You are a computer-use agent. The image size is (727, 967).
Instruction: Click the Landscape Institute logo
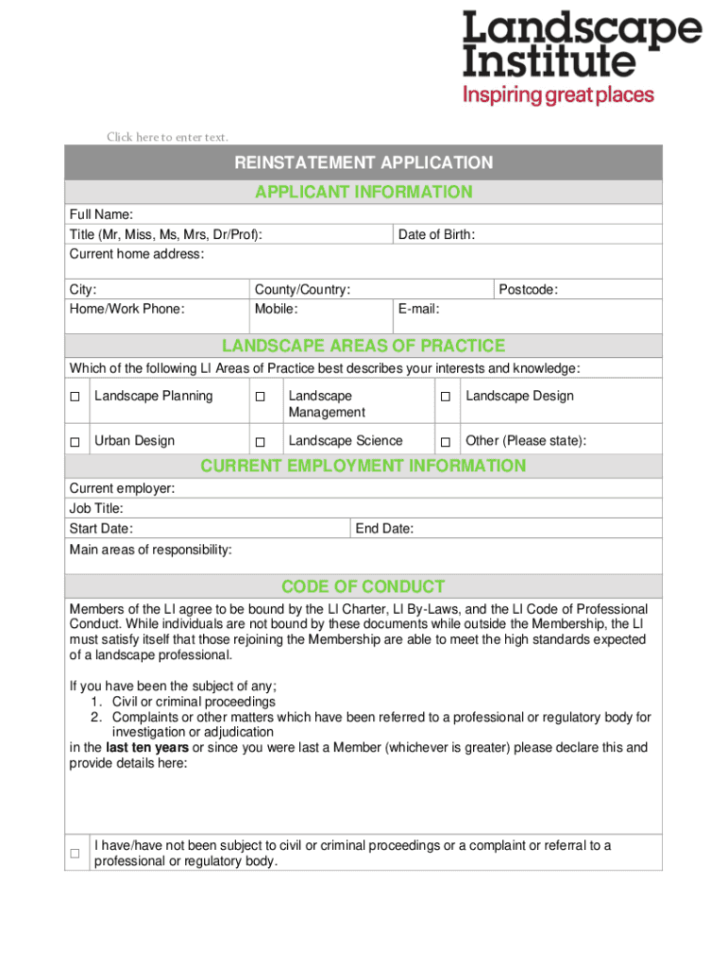[581, 57]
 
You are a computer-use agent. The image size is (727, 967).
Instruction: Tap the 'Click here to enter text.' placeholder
[167, 138]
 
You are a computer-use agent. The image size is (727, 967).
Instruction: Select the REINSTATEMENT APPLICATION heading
[363, 162]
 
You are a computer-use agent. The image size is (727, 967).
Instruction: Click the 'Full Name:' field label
[101, 214]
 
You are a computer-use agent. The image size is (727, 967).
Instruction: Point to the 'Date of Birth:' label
[436, 234]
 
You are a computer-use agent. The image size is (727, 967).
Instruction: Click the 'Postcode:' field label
[528, 290]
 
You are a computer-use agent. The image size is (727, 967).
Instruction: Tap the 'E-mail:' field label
[419, 309]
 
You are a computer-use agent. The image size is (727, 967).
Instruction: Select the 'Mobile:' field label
[276, 309]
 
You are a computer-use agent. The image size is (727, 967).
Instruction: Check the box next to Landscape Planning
[75, 398]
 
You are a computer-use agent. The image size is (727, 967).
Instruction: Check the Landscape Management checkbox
[261, 398]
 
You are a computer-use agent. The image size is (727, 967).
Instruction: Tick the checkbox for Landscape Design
[444, 398]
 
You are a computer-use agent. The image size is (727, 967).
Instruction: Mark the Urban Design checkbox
[75, 442]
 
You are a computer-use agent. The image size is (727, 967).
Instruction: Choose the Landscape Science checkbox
[261, 442]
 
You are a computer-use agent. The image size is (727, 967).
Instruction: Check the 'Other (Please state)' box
[444, 442]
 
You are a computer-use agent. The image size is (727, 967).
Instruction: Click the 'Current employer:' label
[122, 488]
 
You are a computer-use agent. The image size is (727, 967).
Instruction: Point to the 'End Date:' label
[384, 529]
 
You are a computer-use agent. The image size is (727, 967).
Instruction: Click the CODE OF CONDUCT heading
[363, 586]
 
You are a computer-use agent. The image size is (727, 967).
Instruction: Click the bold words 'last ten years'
[147, 748]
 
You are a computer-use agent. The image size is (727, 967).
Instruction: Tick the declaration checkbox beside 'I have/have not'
[75, 854]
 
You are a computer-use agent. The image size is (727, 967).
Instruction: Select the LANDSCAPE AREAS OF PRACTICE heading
[363, 346]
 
